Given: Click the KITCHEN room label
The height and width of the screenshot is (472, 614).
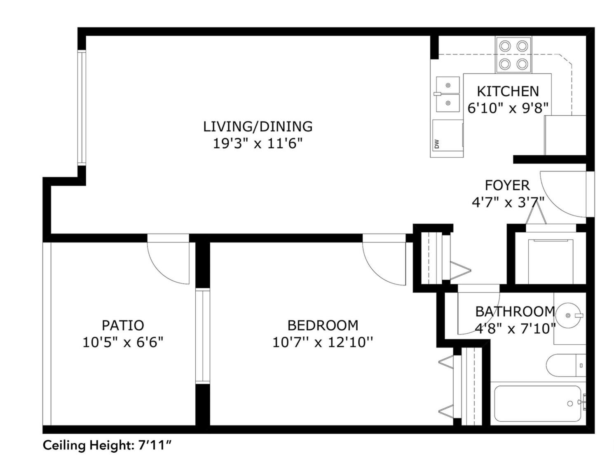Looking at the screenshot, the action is click(x=508, y=91).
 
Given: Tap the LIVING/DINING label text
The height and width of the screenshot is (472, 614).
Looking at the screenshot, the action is click(x=258, y=126).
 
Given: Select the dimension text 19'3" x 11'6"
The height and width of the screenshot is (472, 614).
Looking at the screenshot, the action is click(x=258, y=144).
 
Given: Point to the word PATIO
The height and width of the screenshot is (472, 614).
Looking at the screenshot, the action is click(x=123, y=325).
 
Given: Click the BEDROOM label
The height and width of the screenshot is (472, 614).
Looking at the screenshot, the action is click(x=323, y=325).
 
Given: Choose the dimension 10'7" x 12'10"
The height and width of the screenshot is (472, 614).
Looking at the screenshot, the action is click(x=323, y=342).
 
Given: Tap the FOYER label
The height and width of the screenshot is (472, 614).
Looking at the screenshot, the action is click(x=507, y=185).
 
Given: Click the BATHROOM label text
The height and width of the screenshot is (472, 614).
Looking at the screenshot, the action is click(x=515, y=312).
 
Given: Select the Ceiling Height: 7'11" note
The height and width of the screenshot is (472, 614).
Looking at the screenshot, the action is click(x=108, y=446).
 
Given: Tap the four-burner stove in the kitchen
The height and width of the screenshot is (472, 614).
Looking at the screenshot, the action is click(x=513, y=55).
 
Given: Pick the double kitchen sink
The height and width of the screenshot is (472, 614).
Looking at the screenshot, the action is click(x=448, y=94).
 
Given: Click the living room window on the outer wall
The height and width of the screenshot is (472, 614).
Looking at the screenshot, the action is click(x=82, y=107).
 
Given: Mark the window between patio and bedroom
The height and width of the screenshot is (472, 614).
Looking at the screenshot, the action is click(x=203, y=336).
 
